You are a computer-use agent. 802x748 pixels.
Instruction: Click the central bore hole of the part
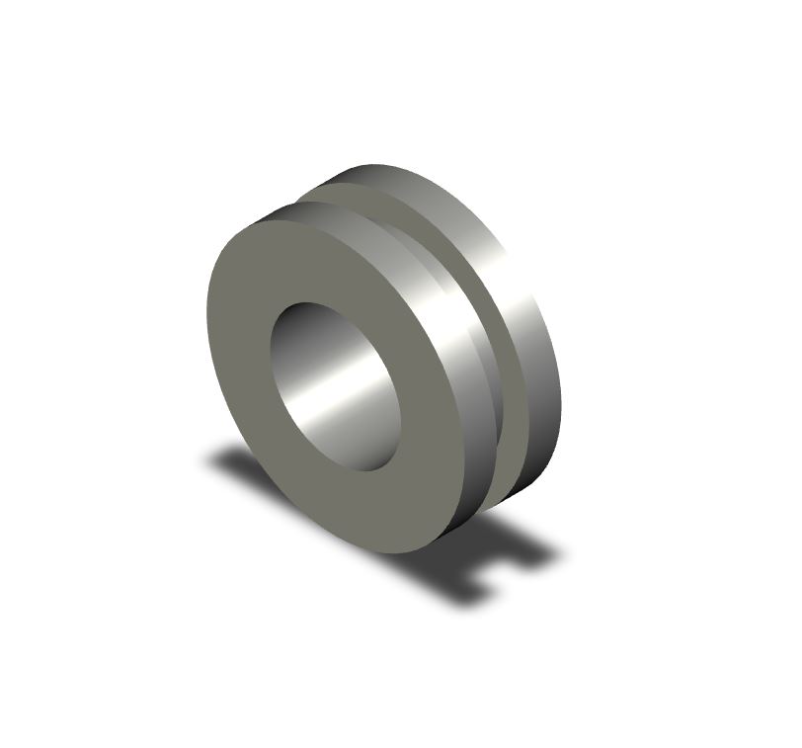[x=335, y=386]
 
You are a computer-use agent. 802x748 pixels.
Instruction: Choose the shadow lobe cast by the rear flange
[x=533, y=553]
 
